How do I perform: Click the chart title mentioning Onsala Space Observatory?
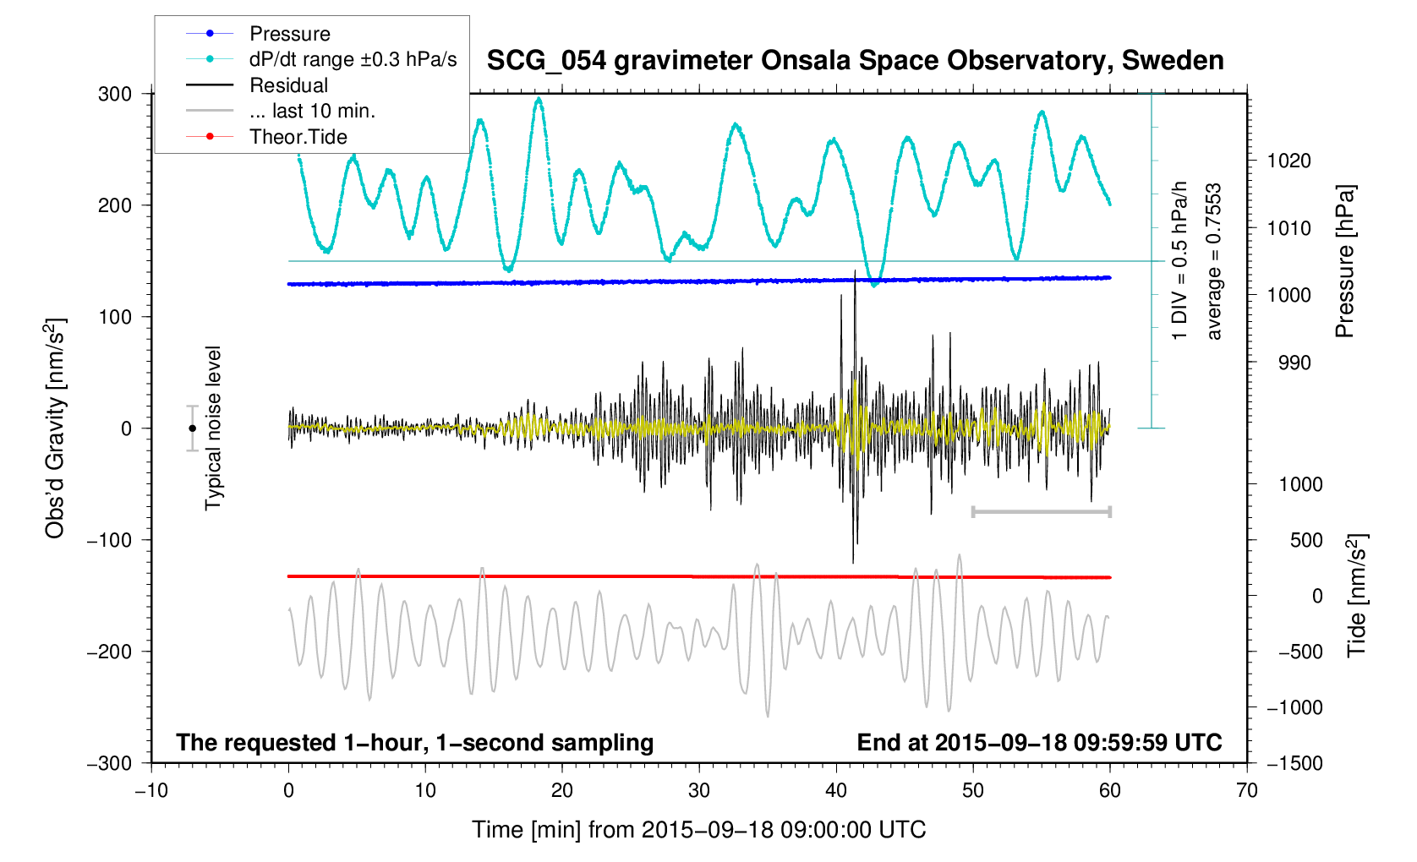pos(855,61)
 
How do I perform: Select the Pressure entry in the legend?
pos(289,34)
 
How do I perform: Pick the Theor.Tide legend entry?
pos(298,137)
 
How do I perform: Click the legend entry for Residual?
pos(288,85)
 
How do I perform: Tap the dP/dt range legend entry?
pos(353,59)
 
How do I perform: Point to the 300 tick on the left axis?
pos(115,94)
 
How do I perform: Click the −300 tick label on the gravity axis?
pos(110,763)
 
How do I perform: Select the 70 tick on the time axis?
pos(1246,791)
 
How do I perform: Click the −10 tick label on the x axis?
pos(151,791)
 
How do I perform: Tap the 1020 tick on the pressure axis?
pos(1288,161)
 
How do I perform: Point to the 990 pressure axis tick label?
pos(1283,363)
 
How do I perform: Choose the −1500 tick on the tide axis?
pos(1294,763)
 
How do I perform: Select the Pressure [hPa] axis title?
pos(1344,262)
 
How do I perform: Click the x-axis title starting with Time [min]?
pos(698,830)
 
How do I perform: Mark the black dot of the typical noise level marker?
pos(192,428)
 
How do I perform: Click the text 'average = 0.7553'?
pos(1214,262)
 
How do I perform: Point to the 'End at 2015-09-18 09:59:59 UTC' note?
pos(1039,743)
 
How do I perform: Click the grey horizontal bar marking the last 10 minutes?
pos(1041,511)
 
